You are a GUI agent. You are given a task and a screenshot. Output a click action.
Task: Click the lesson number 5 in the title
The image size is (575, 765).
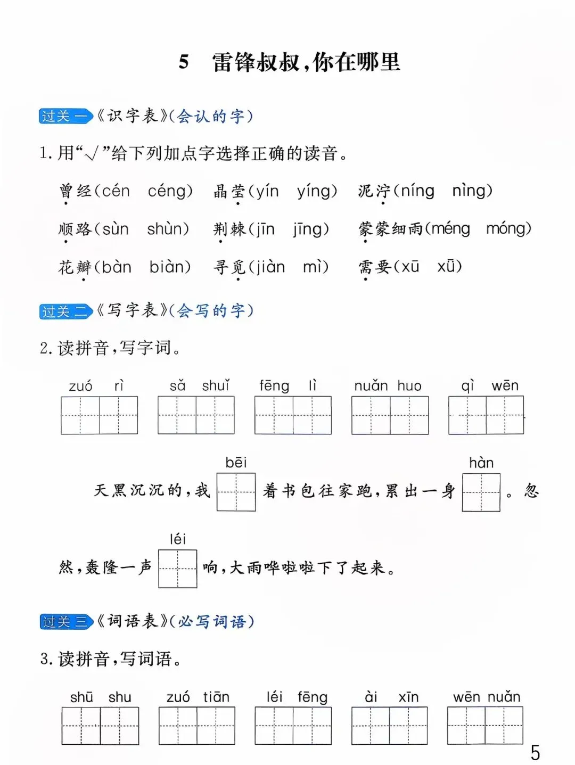pos(184,62)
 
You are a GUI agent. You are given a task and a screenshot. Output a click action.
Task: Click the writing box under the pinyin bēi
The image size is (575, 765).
pos(236,492)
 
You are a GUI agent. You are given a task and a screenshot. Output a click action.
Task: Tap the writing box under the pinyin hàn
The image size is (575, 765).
pos(481,492)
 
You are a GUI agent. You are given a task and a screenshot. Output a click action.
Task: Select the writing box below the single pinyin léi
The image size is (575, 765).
pos(178,569)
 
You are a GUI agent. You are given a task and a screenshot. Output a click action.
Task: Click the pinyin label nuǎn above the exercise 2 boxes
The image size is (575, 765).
pos(371,386)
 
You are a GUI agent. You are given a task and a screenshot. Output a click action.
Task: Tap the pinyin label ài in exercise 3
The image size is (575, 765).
pos(371,697)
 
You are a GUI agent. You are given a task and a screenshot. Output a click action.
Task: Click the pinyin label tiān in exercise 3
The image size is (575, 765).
pos(216,697)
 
